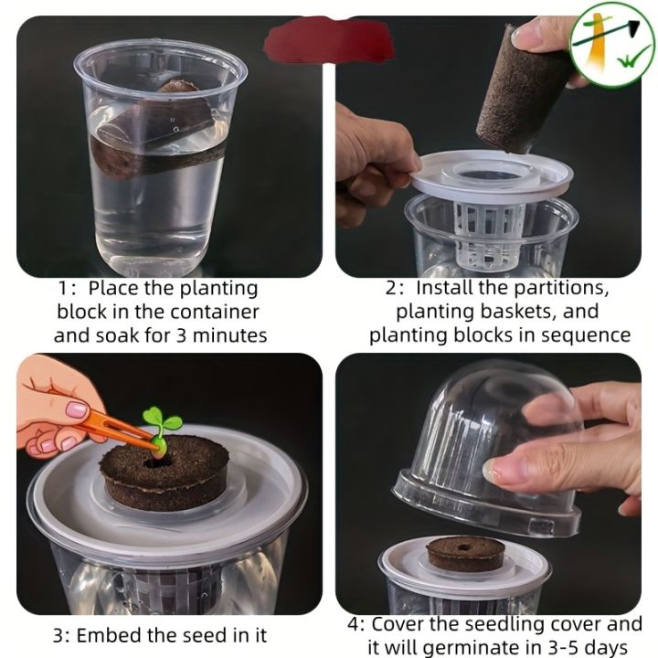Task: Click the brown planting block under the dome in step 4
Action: click(466, 552)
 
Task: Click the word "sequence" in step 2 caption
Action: click(586, 335)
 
